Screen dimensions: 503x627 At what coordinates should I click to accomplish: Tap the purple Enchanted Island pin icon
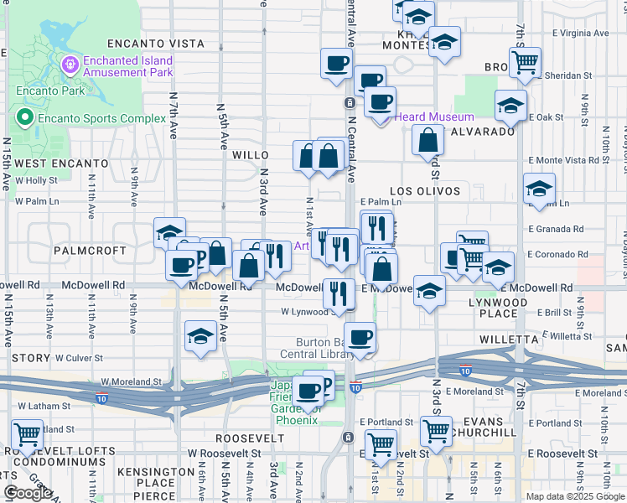coord(70,63)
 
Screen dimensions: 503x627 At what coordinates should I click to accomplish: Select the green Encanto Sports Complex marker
coord(24,118)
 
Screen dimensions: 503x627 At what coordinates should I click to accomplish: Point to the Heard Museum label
coord(433,117)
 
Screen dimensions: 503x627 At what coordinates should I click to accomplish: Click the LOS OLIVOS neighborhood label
coord(425,191)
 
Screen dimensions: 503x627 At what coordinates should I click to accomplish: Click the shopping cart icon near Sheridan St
coord(525,62)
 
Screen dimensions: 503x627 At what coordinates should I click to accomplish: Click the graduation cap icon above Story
coord(200,337)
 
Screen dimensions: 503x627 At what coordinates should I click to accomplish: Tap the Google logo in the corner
coord(28,493)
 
